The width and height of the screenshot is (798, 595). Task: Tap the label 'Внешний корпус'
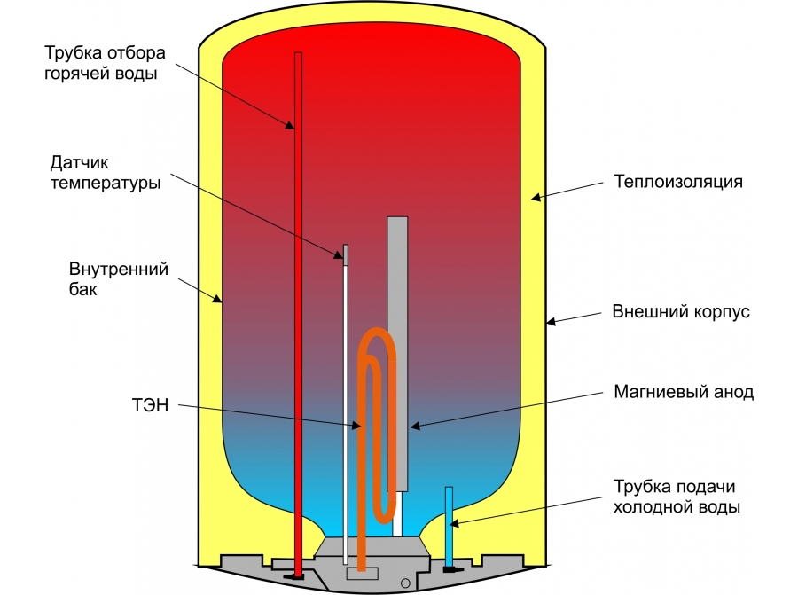click(681, 312)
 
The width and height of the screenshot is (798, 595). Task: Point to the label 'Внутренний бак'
click(119, 279)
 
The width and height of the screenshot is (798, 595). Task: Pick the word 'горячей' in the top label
click(79, 74)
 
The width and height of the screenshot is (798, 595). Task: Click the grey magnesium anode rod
click(397, 355)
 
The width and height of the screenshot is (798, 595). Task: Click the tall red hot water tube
click(298, 310)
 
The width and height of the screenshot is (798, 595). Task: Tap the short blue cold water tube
click(449, 523)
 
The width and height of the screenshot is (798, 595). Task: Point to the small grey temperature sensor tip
click(346, 254)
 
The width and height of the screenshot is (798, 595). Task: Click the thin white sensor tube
click(346, 399)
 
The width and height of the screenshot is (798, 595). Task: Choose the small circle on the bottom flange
click(405, 583)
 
